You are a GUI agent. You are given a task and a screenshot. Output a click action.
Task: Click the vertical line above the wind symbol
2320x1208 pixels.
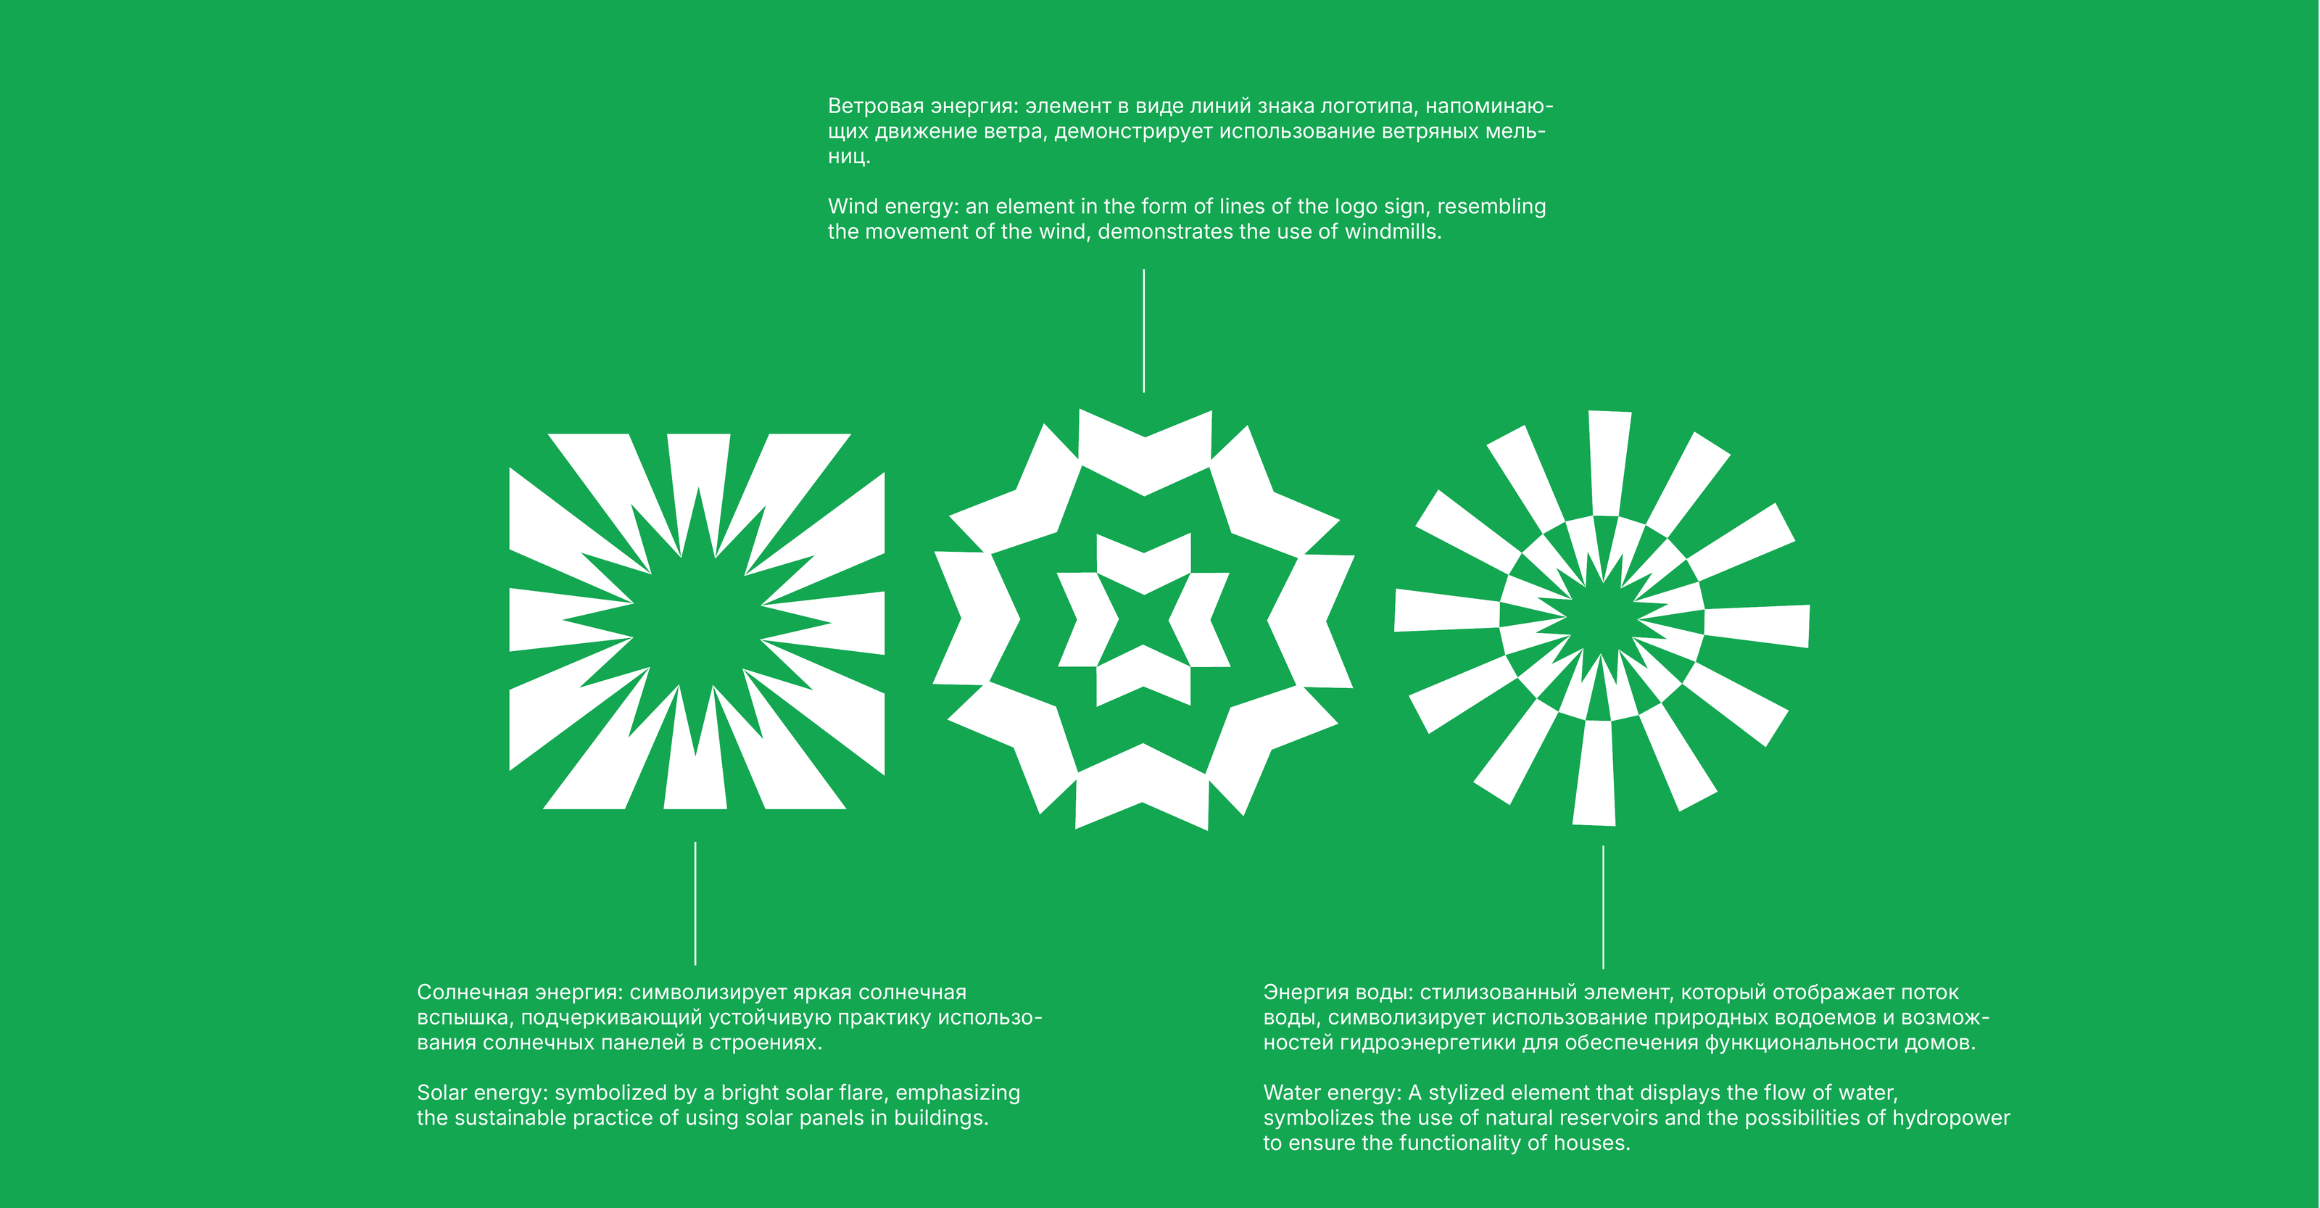tap(1144, 331)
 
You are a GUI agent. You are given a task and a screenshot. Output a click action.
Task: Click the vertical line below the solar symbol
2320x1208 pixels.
tap(695, 903)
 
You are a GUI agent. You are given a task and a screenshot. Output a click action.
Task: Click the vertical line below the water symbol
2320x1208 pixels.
tap(1603, 907)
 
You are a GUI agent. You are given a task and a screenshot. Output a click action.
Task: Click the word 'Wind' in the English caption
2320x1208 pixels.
tap(852, 206)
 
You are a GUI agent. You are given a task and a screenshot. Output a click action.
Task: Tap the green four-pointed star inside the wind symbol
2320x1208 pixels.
tap(1144, 620)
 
